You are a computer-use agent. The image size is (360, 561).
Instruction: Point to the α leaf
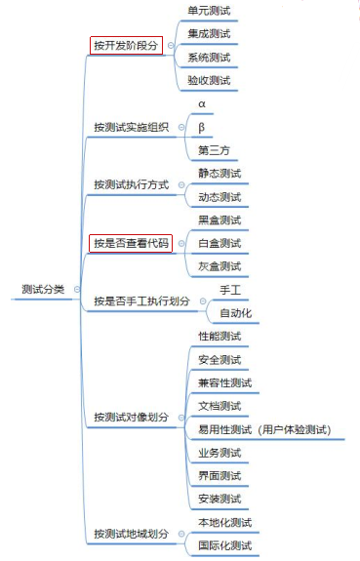tap(202, 103)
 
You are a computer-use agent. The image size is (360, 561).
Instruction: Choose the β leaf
tap(202, 127)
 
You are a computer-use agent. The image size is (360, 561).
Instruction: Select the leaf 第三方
tap(212, 150)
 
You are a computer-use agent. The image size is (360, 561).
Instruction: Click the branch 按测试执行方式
tap(131, 184)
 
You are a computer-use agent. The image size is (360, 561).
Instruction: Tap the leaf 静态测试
tap(219, 173)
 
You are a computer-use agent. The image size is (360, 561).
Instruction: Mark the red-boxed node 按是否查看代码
tap(131, 243)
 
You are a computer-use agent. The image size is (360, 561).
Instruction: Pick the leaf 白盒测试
tap(219, 243)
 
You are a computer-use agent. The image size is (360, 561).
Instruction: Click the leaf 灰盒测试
tap(219, 266)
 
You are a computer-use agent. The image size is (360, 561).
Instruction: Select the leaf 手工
tap(230, 290)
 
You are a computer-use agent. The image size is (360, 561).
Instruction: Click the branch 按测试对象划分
tap(131, 418)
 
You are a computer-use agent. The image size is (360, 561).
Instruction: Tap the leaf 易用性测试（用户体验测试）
tap(263, 429)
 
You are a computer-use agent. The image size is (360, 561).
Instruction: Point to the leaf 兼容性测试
tap(224, 382)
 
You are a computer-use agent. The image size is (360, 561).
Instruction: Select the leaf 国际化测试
tap(224, 545)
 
